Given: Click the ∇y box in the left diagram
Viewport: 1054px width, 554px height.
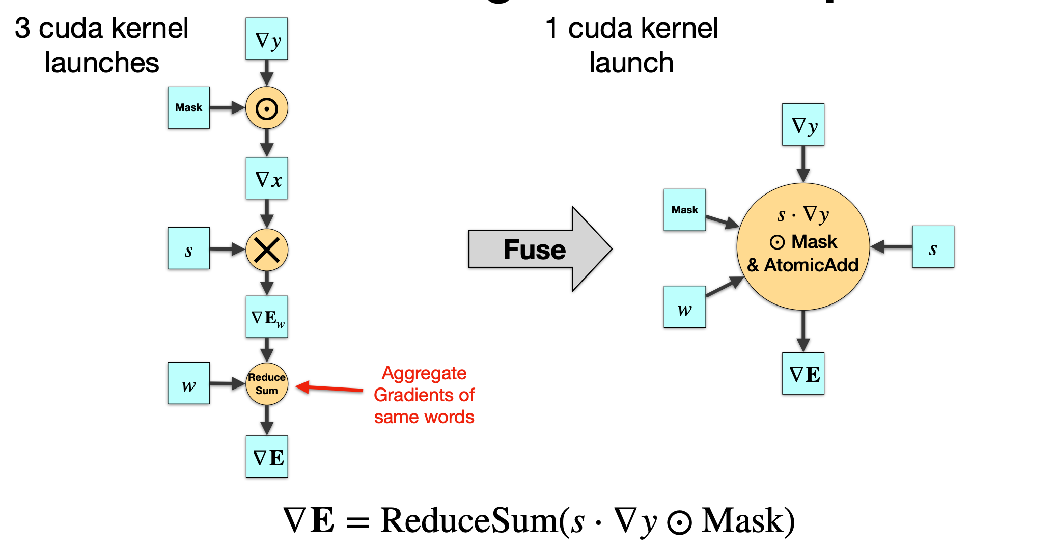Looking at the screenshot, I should [x=267, y=39].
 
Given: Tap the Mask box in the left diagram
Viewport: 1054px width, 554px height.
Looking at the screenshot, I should [x=189, y=107].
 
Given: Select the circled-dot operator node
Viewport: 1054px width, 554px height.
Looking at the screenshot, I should [x=267, y=108].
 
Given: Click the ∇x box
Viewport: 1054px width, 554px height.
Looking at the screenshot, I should [x=267, y=178].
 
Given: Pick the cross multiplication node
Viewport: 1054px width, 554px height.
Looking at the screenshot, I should [x=267, y=250].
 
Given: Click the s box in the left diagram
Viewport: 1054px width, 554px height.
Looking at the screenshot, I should [x=189, y=248].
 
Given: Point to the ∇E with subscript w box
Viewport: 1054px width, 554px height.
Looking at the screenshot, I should [x=267, y=317].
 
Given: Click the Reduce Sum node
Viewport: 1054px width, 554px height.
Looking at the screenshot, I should [x=267, y=384].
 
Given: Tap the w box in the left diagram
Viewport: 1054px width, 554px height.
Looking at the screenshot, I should [x=189, y=383].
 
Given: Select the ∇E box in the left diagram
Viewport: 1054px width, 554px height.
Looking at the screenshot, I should [x=267, y=457].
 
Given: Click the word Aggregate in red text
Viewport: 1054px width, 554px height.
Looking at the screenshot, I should [x=424, y=373].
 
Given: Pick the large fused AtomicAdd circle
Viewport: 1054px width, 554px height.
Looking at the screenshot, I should [x=803, y=247].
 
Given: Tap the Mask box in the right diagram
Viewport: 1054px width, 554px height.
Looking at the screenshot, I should [x=685, y=210].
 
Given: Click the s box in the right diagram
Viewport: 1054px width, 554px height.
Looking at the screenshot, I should [x=933, y=247].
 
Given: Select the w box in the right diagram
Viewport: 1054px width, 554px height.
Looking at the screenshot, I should [x=685, y=307].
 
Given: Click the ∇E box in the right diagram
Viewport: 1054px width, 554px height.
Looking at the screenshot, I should [x=803, y=374].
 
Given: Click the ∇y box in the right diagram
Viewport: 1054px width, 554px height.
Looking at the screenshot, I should [x=803, y=125].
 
